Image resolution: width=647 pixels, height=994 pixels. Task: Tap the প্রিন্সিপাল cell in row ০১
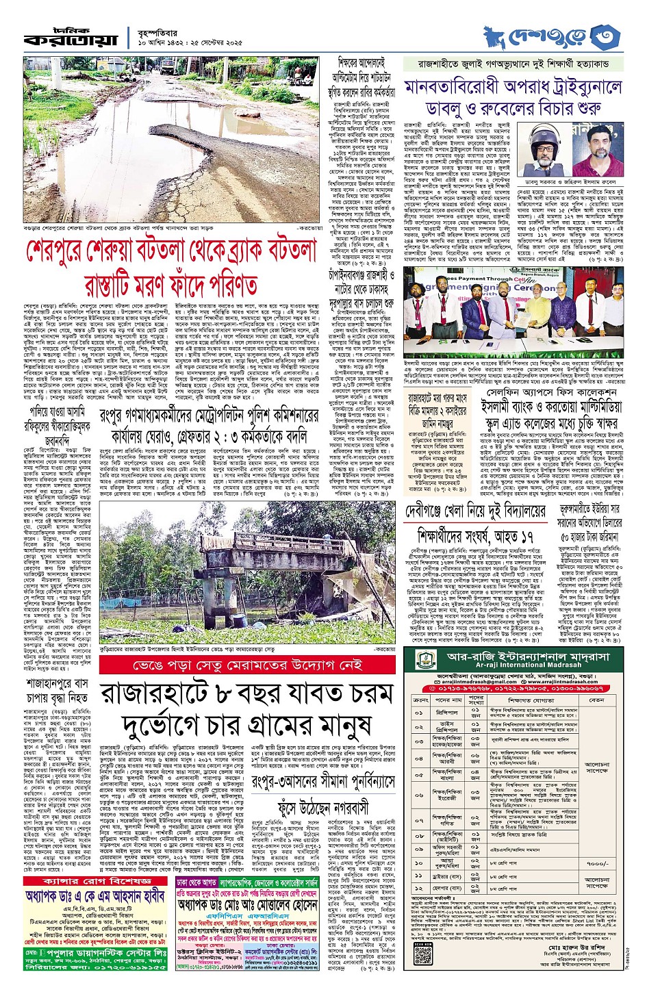(x=448, y=713)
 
